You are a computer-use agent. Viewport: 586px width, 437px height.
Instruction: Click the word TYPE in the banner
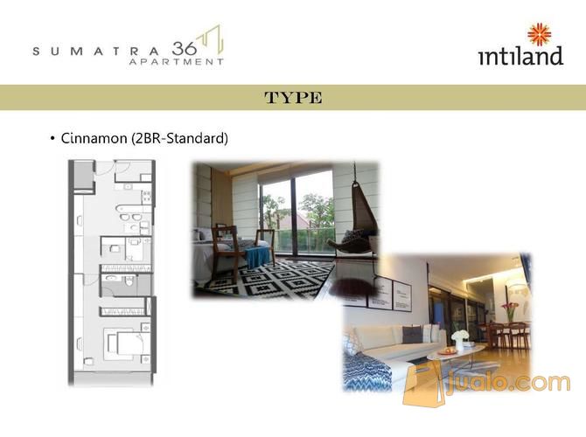click(293, 98)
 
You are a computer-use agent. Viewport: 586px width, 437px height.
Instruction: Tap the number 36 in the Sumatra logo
click(185, 49)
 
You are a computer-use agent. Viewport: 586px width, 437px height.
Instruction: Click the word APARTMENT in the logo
click(176, 62)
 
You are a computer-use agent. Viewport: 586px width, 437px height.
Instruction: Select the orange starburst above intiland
click(539, 34)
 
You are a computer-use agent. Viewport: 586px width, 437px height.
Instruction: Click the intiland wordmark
click(521, 56)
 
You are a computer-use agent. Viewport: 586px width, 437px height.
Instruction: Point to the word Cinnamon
click(94, 138)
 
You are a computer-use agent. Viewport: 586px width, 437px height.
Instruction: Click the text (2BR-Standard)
click(179, 139)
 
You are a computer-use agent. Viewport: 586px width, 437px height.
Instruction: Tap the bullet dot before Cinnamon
click(52, 139)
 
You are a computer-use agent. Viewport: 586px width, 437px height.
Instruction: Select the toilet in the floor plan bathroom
click(129, 281)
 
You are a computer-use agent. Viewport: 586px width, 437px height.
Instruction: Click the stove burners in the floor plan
click(146, 197)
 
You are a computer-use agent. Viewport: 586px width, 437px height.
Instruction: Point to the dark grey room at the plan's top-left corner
click(83, 176)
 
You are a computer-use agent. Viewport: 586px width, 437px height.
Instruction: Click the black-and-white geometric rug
click(269, 281)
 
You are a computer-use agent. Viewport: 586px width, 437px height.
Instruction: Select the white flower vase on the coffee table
click(459, 339)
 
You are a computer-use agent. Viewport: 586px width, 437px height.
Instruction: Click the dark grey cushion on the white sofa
click(412, 335)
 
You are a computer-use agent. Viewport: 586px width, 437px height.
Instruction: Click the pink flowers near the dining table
click(510, 309)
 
